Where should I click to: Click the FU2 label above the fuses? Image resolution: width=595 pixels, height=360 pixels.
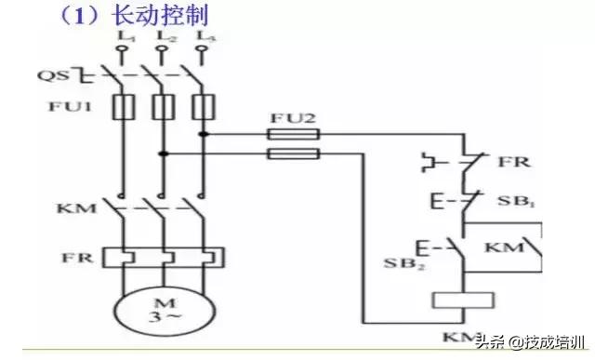click(x=293, y=118)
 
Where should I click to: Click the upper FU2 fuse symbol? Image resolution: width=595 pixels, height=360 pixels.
click(x=294, y=135)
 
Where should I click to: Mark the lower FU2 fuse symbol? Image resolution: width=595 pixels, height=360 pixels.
click(x=294, y=153)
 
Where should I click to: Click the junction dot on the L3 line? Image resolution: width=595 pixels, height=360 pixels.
click(x=204, y=134)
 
